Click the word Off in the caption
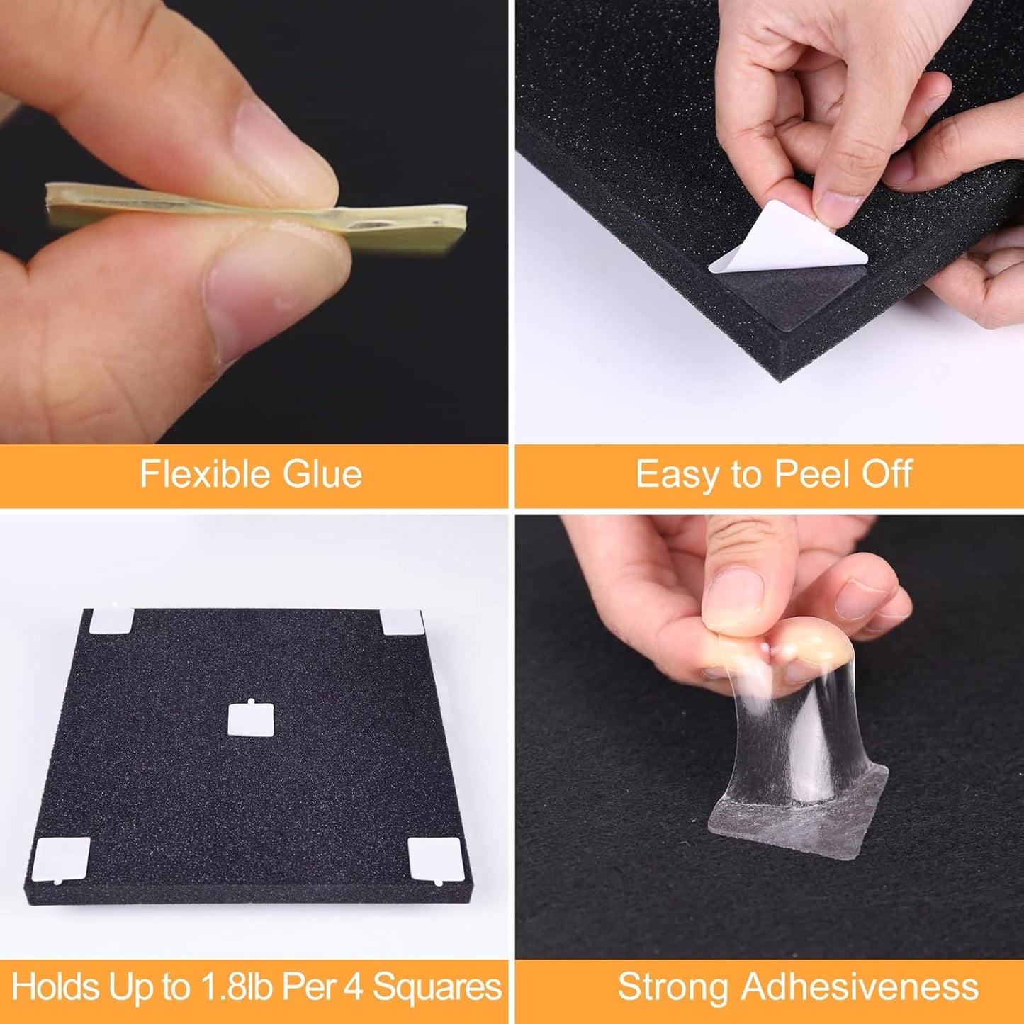(887, 474)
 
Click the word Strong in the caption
(674, 987)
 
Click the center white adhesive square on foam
(248, 719)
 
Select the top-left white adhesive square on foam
(112, 621)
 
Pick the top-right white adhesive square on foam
(402, 622)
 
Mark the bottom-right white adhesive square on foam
(434, 859)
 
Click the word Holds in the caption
(55, 987)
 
